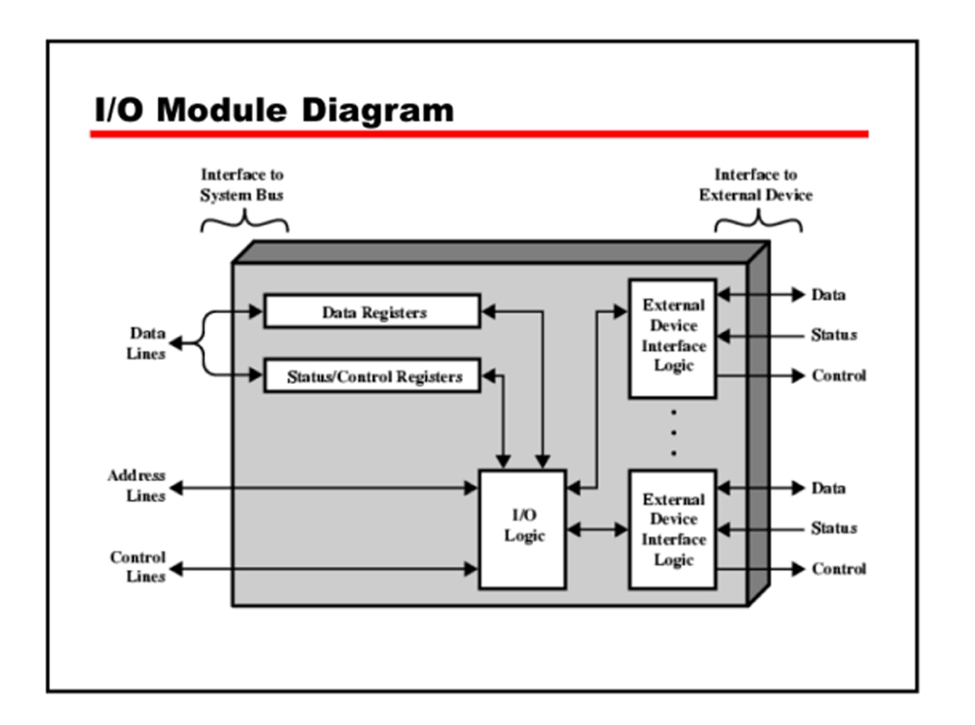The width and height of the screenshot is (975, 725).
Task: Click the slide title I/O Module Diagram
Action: tap(274, 110)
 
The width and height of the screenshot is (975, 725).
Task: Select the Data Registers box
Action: tap(372, 312)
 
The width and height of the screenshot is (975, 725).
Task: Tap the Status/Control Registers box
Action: tap(372, 377)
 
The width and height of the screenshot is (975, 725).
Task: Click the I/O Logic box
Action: tap(522, 528)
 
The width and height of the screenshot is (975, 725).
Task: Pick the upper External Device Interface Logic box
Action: tap(672, 337)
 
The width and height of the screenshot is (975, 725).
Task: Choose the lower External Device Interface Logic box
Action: tap(672, 529)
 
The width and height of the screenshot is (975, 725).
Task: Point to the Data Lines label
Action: tap(146, 343)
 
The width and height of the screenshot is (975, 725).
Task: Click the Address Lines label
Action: tap(136, 485)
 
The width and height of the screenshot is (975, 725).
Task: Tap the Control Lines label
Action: tap(137, 567)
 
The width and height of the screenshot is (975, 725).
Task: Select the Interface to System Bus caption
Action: tap(242, 185)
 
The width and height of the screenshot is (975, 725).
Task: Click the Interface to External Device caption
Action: tap(756, 185)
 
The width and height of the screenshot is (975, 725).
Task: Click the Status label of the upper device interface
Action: tap(833, 334)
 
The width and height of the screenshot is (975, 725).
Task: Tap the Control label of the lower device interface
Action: tap(838, 569)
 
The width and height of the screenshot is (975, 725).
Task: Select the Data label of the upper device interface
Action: tap(828, 295)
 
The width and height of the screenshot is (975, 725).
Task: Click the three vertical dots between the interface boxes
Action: tap(673, 433)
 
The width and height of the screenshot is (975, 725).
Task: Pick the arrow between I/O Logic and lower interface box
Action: tap(597, 530)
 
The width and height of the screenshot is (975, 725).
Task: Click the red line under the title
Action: tap(479, 134)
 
